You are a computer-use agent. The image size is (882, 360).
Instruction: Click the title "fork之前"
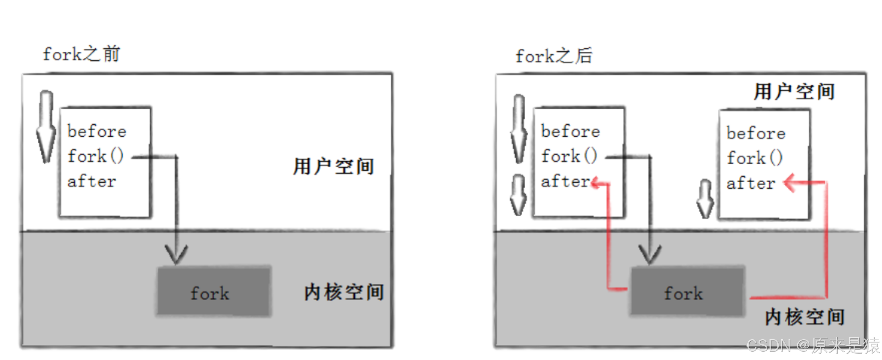81,54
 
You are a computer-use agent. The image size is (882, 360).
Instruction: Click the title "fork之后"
554,56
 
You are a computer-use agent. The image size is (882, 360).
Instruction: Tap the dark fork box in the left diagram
214,292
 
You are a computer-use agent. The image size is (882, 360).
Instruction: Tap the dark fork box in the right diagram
687,292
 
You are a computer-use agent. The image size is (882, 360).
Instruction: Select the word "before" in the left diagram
97,132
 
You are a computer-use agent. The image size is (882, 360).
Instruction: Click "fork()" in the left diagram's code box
96,156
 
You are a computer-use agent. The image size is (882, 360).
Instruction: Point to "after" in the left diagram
92,182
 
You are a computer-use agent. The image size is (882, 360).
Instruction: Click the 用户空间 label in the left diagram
333,166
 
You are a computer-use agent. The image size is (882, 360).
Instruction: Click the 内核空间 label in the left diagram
344,292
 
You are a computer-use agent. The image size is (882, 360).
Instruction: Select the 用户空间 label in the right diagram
794,92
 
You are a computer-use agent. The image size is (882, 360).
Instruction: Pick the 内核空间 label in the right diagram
804,317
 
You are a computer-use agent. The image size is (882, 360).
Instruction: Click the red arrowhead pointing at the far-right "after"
789,183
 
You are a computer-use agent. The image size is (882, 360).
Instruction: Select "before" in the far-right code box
756,134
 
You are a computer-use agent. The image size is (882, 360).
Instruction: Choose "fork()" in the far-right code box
754,158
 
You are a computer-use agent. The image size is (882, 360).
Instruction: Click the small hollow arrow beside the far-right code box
705,199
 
